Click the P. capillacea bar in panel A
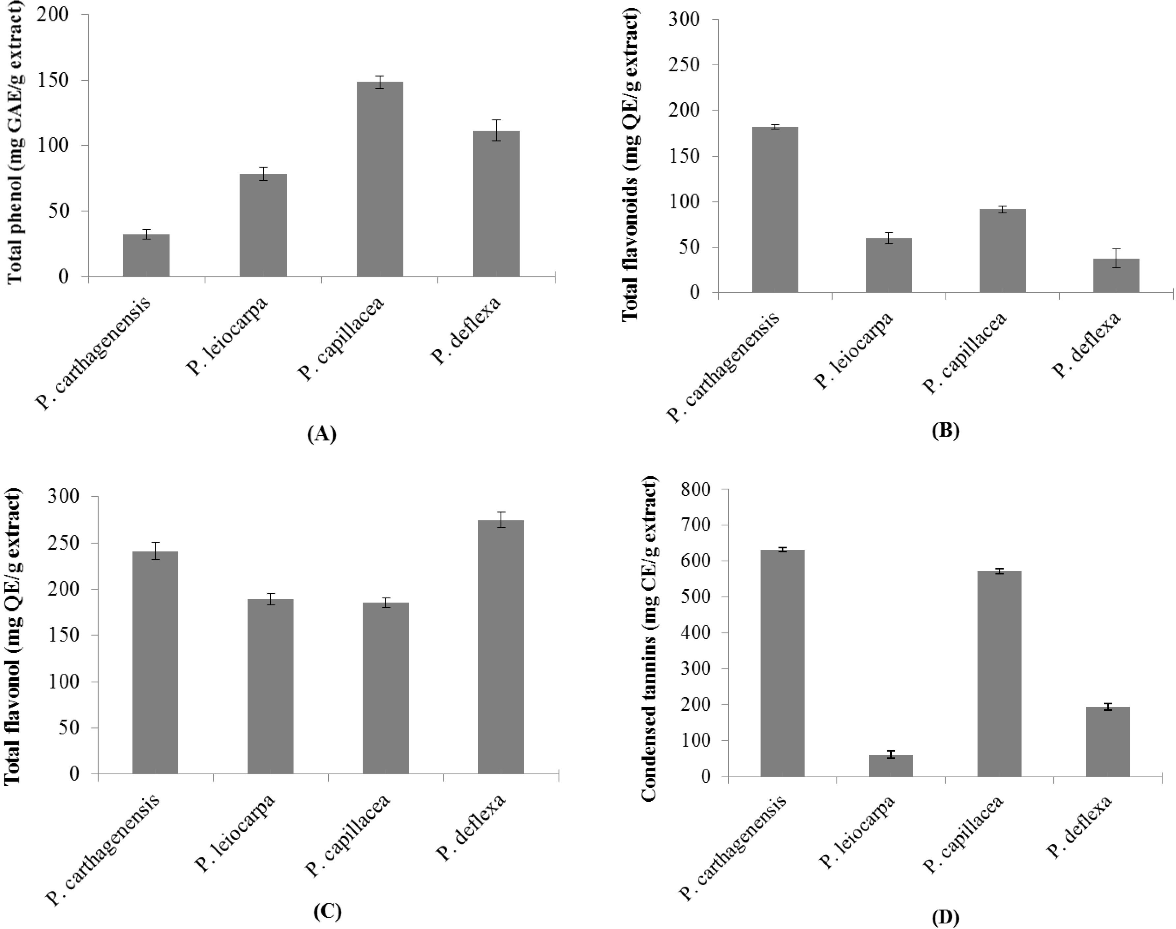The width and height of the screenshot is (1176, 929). pyautogui.click(x=379, y=179)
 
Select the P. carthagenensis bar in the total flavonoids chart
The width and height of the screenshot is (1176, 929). pyautogui.click(x=775, y=209)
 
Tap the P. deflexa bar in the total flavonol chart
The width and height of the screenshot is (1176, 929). pyautogui.click(x=501, y=647)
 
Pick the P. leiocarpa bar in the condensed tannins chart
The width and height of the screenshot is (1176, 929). pyautogui.click(x=891, y=766)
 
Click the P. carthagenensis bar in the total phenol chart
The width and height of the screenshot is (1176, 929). pyautogui.click(x=146, y=256)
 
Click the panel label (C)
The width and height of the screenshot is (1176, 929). pyautogui.click(x=328, y=911)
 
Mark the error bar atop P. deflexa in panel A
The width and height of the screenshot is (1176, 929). pyautogui.click(x=496, y=130)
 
